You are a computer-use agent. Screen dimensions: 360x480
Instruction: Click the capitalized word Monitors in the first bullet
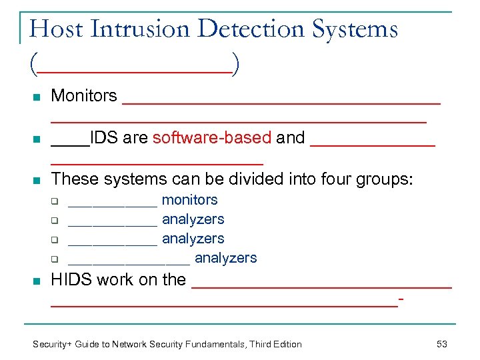[x=84, y=96]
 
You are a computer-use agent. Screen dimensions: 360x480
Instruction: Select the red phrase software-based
[x=212, y=138]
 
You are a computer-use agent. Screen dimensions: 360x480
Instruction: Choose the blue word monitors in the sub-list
[x=190, y=200]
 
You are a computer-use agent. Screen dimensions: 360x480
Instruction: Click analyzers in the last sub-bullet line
[x=225, y=258]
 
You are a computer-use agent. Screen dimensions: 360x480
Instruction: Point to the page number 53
[x=441, y=344]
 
